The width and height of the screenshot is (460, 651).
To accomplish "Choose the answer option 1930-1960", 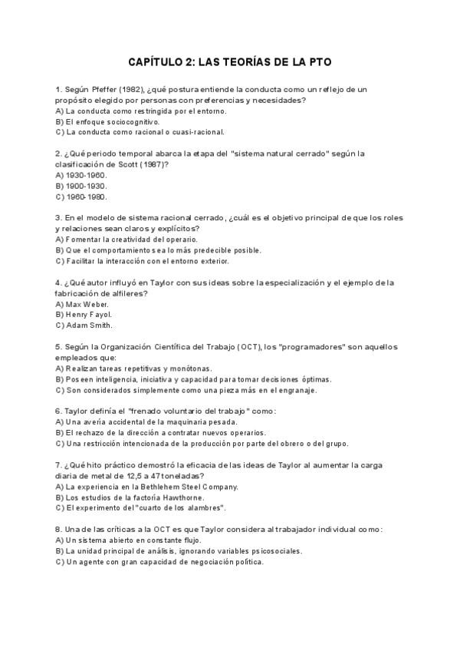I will coord(86,175).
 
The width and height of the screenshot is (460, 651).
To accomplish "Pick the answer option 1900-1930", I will coord(86,186).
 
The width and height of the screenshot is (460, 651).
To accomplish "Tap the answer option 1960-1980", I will coord(86,197).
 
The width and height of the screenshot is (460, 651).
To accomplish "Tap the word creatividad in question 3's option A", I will coord(132,240).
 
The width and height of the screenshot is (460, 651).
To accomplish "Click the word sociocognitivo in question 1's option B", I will coord(134,121).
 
